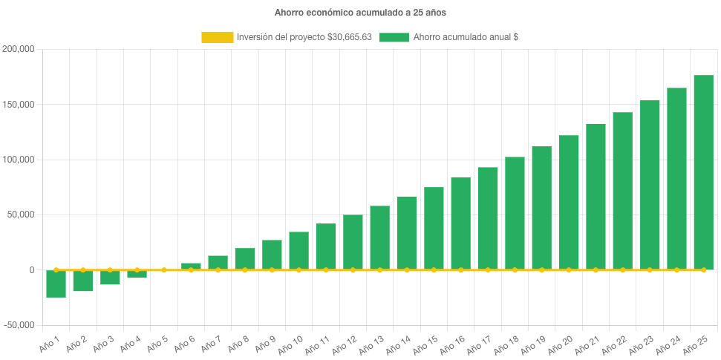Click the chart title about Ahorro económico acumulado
(x=360, y=13)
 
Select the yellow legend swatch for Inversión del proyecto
(x=216, y=37)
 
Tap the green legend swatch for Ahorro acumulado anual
(x=394, y=37)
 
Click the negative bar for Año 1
(x=56, y=284)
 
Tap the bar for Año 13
(x=379, y=238)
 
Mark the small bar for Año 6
(x=191, y=266)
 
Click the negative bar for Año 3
(x=110, y=278)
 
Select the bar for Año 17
(x=488, y=218)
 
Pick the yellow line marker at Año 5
(x=164, y=269)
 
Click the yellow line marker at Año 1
(x=56, y=269)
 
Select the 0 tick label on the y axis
(x=31, y=270)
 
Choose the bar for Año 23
(x=650, y=185)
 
